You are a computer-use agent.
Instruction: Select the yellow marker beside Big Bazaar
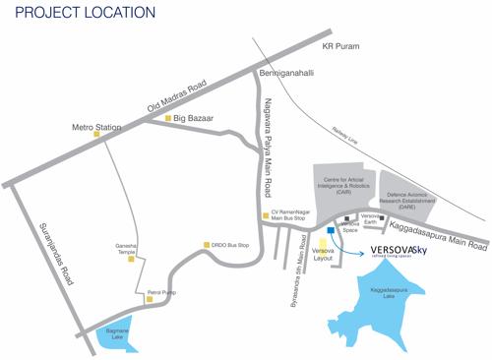point(167,119)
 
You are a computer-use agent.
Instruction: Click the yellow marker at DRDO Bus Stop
point(206,245)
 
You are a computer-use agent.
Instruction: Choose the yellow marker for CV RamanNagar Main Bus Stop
point(264,215)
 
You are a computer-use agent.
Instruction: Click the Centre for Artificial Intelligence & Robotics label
point(343,186)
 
